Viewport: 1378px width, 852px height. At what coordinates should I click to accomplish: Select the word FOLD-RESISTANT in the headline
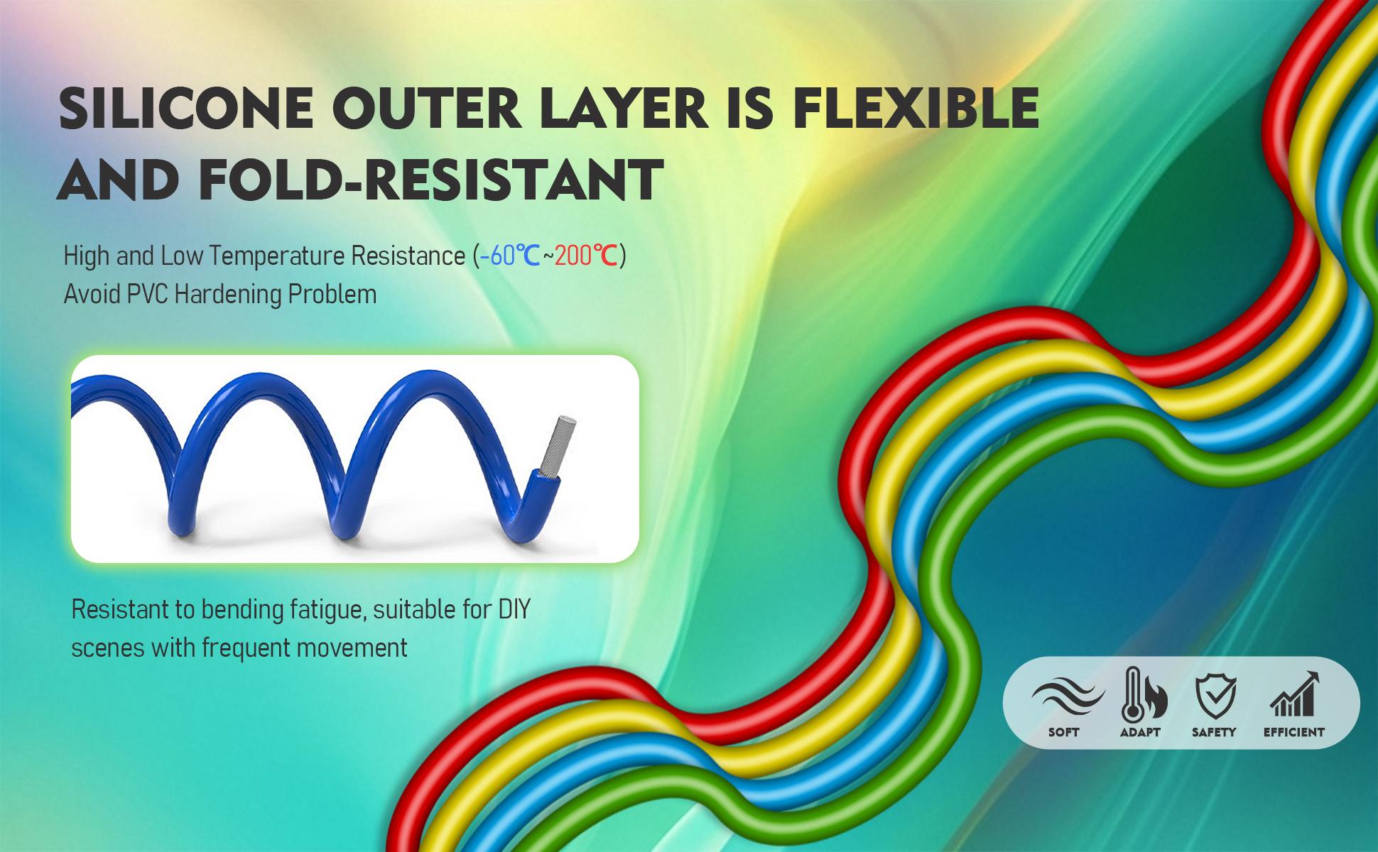click(431, 179)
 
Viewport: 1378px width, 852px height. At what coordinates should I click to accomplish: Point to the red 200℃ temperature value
click(586, 256)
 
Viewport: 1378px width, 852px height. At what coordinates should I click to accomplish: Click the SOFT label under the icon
click(1063, 732)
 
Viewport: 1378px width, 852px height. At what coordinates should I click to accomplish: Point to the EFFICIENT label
click(1294, 732)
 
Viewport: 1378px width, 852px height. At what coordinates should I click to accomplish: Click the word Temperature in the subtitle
click(278, 256)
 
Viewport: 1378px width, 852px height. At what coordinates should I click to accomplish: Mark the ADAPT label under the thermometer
click(1140, 732)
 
